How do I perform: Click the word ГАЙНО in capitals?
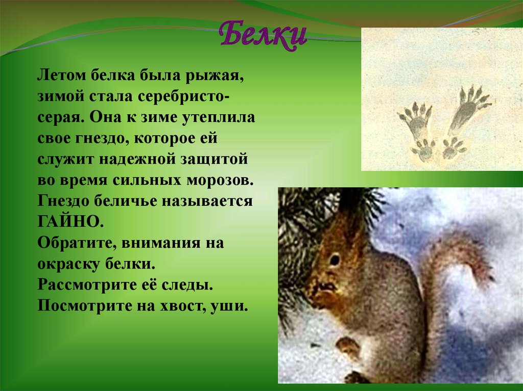67,222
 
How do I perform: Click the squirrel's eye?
335,260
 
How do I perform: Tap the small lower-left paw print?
424,150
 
